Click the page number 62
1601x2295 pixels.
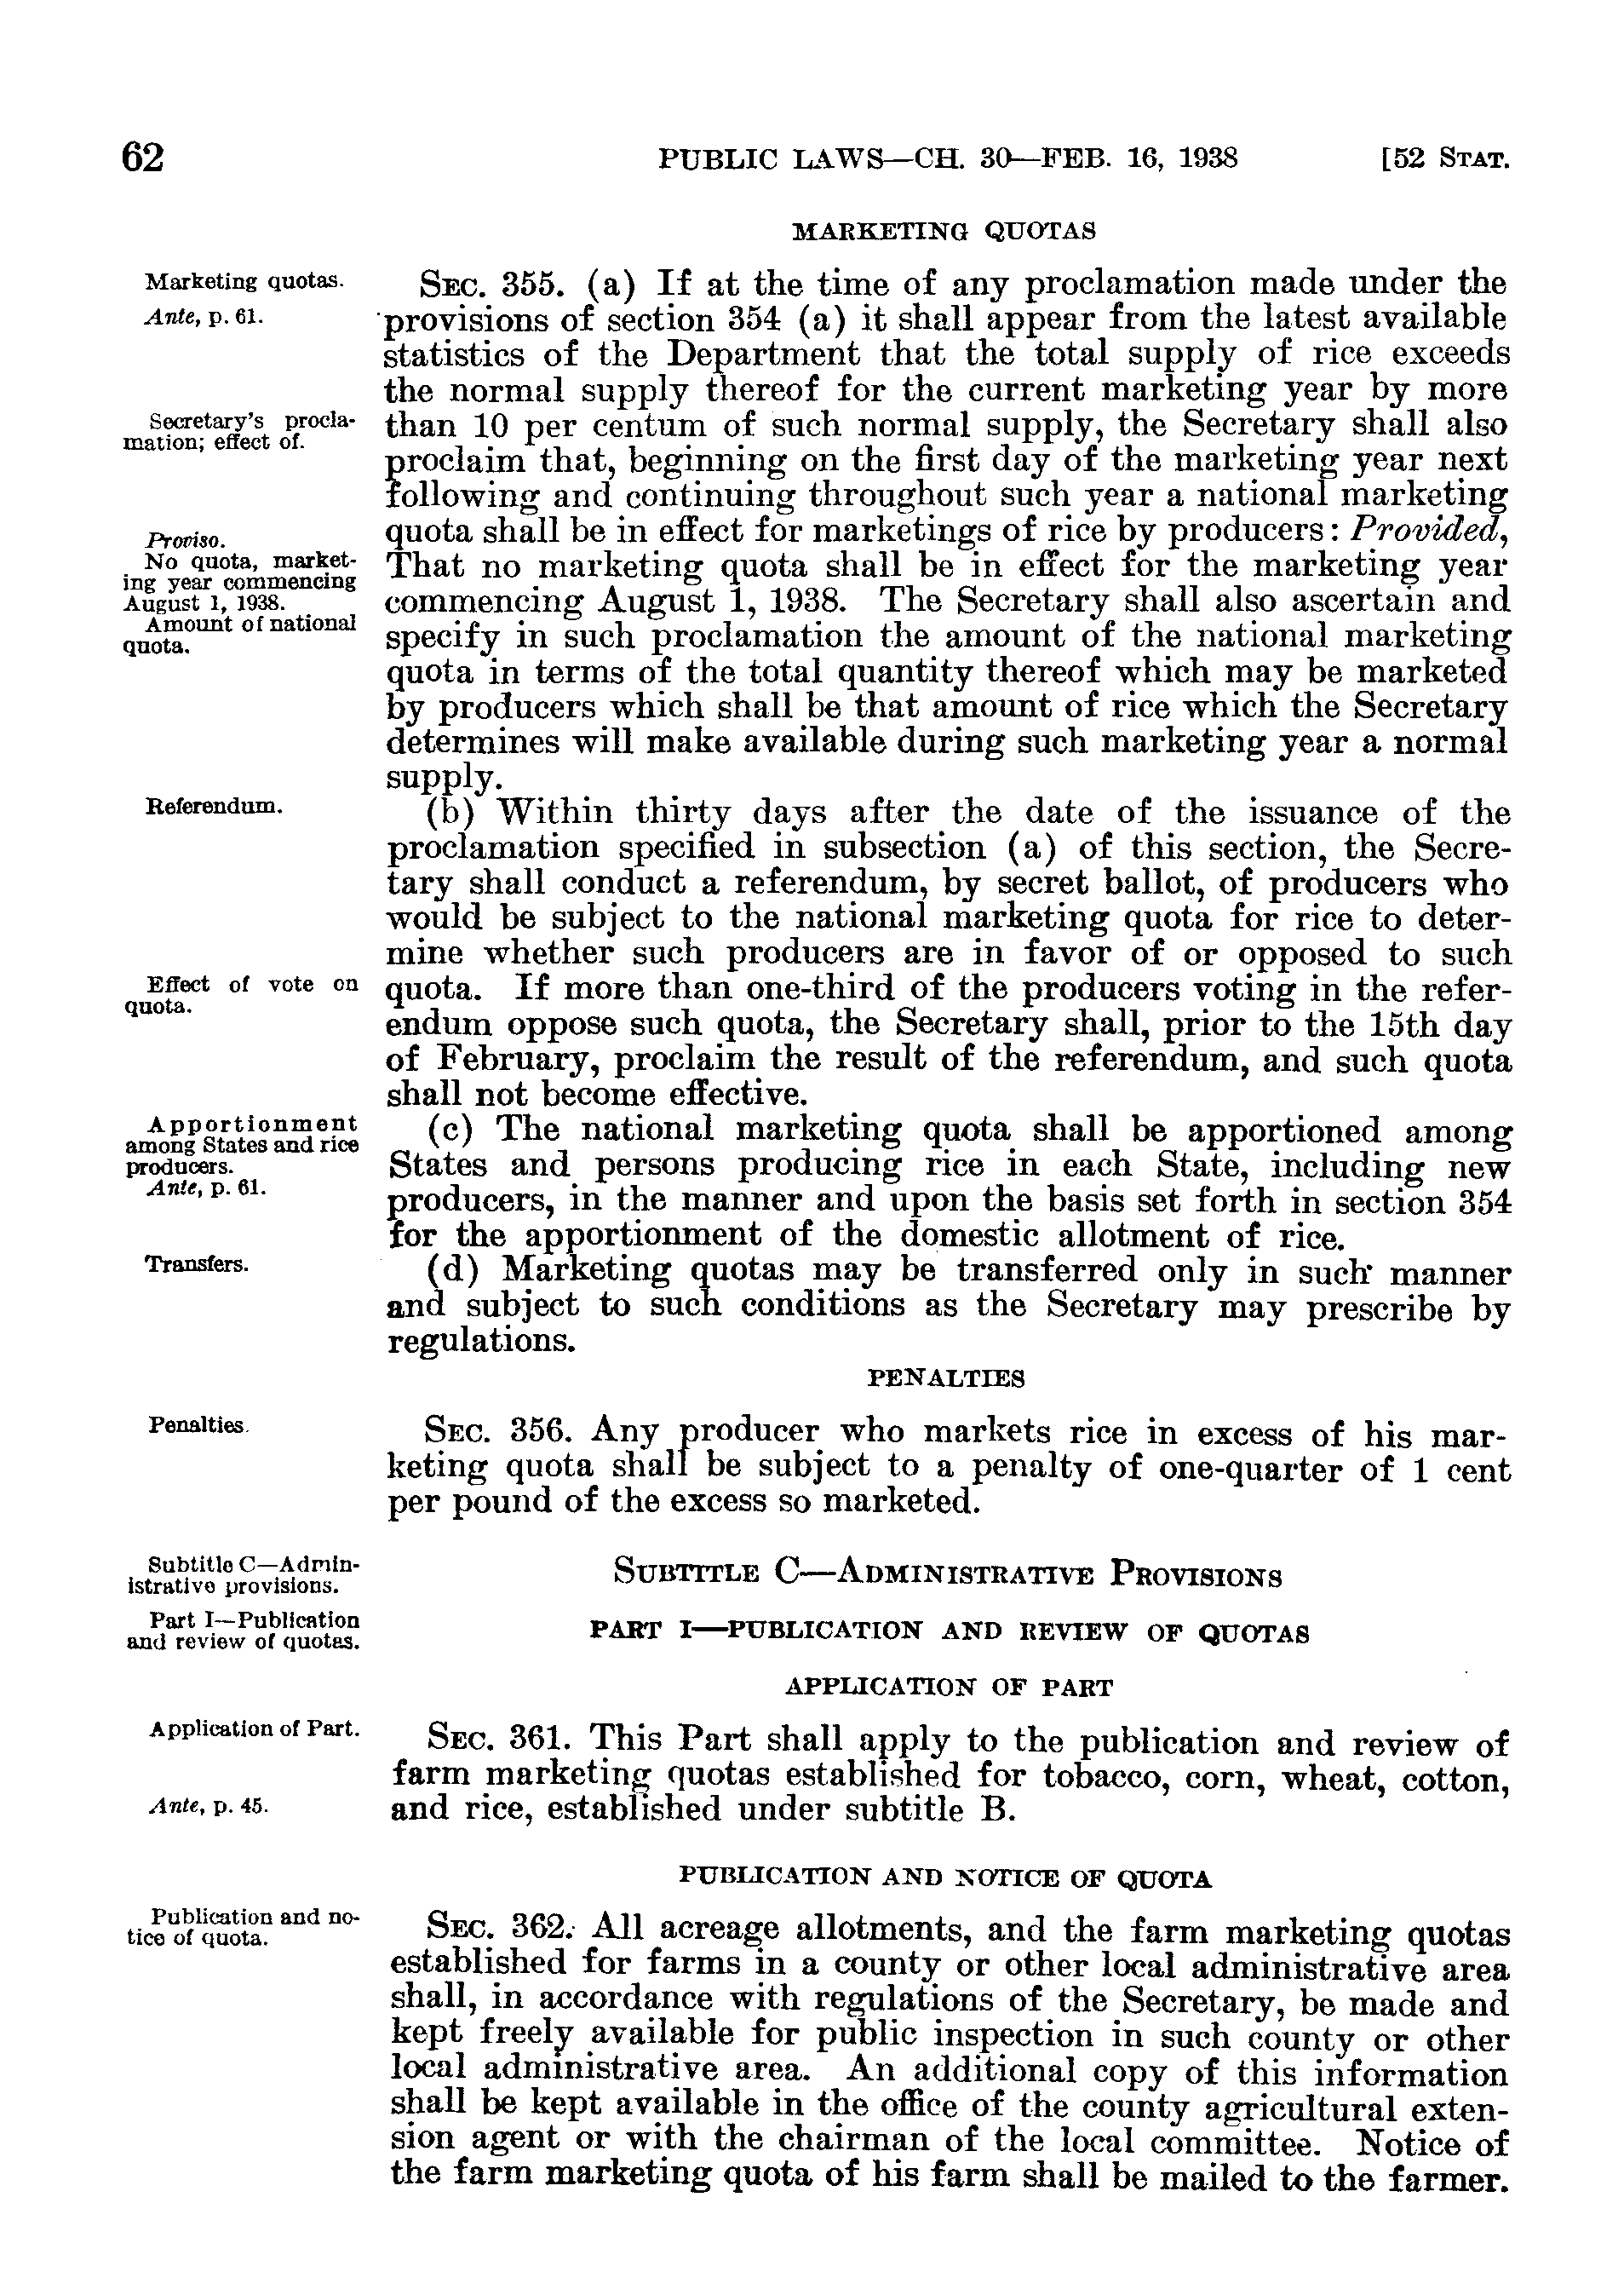point(142,158)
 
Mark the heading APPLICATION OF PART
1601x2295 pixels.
point(948,1688)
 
